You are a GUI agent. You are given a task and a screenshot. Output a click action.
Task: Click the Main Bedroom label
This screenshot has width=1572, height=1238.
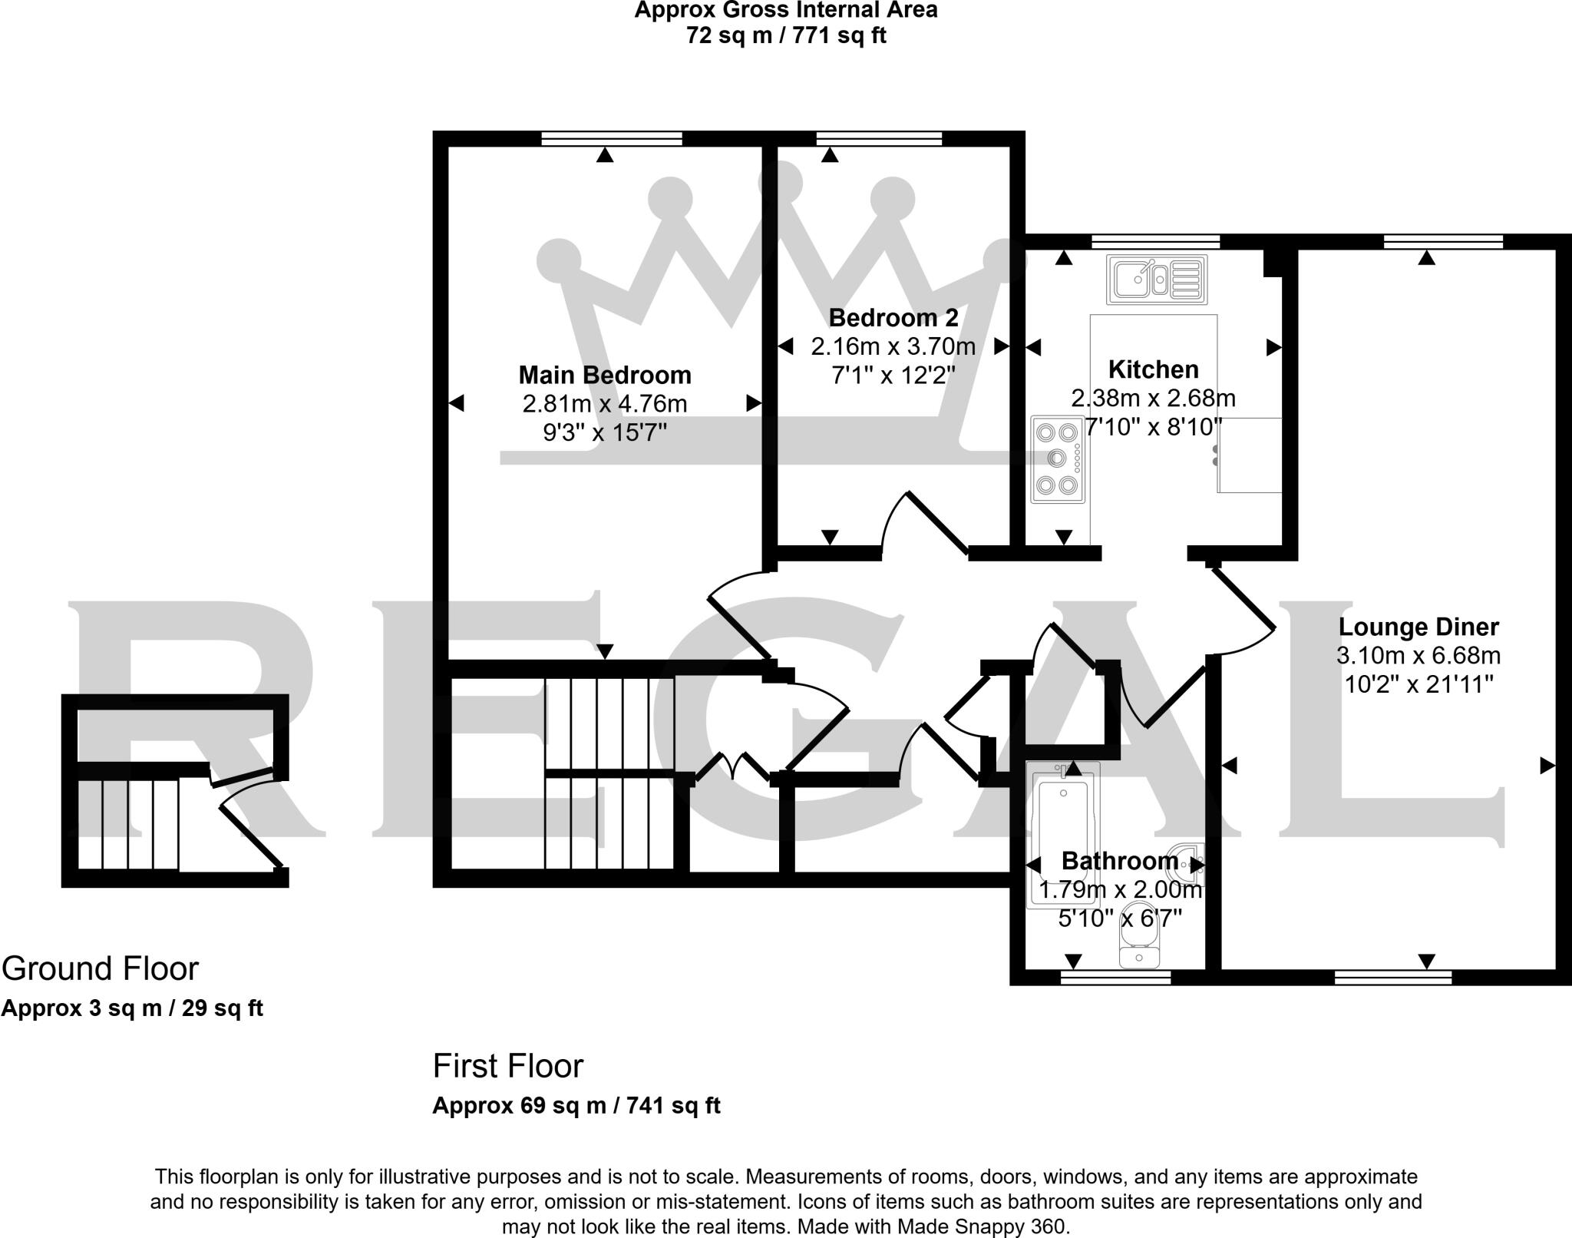pyautogui.click(x=605, y=375)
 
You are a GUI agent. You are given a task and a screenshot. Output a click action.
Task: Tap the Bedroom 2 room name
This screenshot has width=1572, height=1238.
pyautogui.click(x=893, y=317)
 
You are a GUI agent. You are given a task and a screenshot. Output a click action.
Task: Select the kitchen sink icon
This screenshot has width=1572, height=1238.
pyautogui.click(x=1157, y=279)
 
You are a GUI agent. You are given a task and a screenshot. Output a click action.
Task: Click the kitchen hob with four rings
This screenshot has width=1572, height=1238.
pyautogui.click(x=1057, y=459)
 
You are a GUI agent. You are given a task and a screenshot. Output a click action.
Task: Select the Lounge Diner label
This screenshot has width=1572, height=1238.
pyautogui.click(x=1418, y=627)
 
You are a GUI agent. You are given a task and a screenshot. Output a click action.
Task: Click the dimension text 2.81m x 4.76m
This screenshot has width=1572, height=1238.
pyautogui.click(x=605, y=403)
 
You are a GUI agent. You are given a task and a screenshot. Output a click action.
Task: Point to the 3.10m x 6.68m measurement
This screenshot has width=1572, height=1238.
pyautogui.click(x=1418, y=655)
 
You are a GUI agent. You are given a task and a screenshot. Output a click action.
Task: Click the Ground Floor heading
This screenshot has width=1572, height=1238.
pyautogui.click(x=100, y=968)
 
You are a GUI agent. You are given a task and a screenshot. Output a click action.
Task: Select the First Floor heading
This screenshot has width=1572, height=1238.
pyautogui.click(x=508, y=1066)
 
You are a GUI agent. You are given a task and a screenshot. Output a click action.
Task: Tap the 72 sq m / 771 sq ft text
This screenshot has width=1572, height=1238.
pyautogui.click(x=786, y=35)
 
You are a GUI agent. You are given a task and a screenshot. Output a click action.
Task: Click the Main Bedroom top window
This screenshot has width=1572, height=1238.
pyautogui.click(x=611, y=138)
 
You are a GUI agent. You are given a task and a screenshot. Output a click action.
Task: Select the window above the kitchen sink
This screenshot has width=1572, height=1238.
pyautogui.click(x=1155, y=241)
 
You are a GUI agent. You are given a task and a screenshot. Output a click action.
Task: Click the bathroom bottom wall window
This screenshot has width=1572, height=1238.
pyautogui.click(x=1115, y=977)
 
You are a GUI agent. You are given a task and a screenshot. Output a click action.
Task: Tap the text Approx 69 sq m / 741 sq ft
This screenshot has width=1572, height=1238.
pyautogui.click(x=576, y=1106)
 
